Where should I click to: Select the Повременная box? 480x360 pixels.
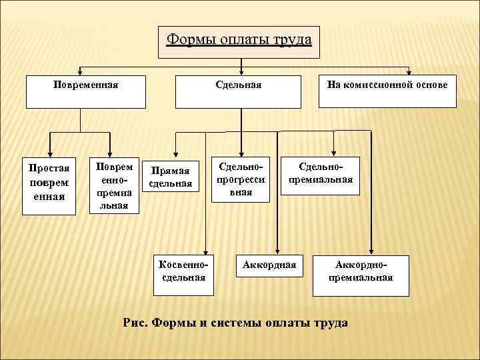tap(85, 92)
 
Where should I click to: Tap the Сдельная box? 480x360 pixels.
tap(239, 92)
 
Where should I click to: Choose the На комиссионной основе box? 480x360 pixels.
tap(387, 92)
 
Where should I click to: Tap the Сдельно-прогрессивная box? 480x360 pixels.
tap(241, 178)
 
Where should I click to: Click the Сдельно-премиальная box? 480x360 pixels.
tap(320, 175)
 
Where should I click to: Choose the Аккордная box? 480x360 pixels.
tap(269, 265)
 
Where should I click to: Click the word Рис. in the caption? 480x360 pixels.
tap(136, 323)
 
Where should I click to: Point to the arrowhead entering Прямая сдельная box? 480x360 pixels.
tap(175, 152)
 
